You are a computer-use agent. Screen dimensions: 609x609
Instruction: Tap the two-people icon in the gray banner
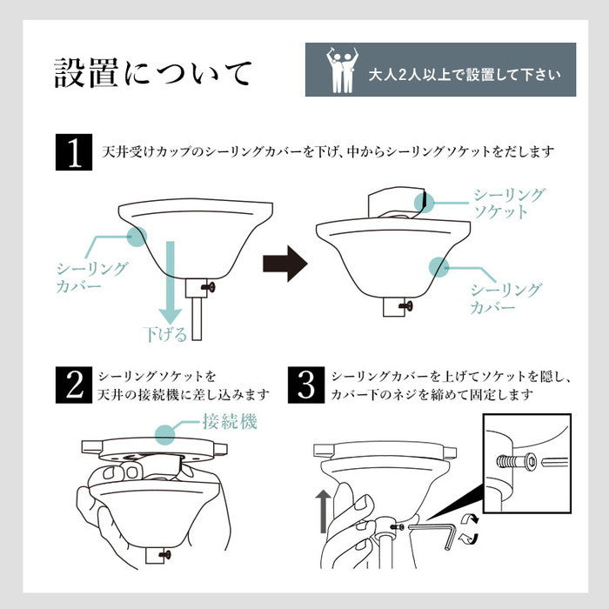(341, 70)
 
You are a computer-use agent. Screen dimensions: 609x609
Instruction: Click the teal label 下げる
(164, 333)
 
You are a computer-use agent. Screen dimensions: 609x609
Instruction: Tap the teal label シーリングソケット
(509, 203)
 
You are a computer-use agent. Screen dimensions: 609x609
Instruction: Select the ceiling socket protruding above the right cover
(397, 204)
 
